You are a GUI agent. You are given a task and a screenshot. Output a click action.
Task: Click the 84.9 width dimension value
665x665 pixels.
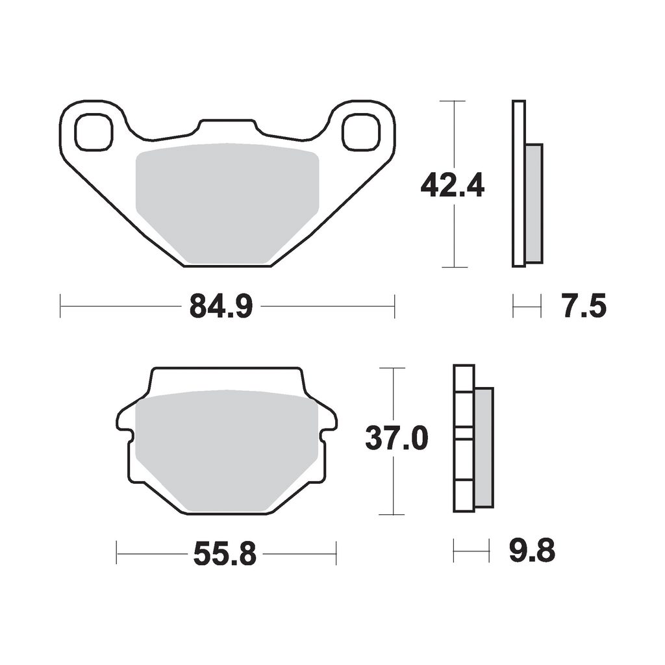point(221,306)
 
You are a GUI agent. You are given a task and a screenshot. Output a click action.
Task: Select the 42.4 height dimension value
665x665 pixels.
point(452,185)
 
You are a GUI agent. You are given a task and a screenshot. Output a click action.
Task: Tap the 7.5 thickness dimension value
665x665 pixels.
point(585,306)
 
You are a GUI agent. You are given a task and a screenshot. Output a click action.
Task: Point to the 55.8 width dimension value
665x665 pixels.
point(225,553)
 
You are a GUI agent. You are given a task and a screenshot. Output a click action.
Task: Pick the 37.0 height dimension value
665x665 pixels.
point(397,438)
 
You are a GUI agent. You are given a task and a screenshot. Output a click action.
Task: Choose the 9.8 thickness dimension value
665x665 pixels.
point(533,551)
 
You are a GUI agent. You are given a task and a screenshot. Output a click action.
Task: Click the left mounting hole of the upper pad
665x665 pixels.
point(94,132)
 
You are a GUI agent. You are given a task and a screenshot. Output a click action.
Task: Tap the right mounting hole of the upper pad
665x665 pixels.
point(361,132)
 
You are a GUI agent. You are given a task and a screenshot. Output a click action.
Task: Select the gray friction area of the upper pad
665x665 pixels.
point(227,203)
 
